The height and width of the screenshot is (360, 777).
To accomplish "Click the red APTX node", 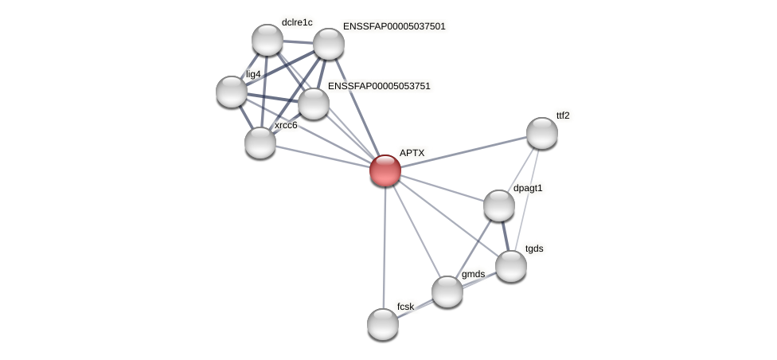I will click(385, 170).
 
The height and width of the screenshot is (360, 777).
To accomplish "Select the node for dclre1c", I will click(267, 40).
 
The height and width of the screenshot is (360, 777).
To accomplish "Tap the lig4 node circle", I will click(232, 92).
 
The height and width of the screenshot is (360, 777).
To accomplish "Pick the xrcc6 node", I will click(260, 143).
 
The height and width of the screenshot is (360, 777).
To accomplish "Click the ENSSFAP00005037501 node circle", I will click(328, 44).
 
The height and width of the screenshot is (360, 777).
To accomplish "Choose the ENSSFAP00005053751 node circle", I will click(314, 104).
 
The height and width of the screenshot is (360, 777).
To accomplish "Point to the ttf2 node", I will click(541, 133).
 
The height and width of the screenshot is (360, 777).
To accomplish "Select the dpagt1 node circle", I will click(499, 205).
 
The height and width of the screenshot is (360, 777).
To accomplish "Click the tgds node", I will click(511, 266).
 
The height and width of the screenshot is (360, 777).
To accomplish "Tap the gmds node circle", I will click(447, 292).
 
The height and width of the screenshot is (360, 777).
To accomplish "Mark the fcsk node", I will click(383, 324).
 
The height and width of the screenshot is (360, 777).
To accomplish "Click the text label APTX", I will click(412, 153).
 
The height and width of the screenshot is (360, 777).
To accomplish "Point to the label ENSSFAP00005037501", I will click(394, 26).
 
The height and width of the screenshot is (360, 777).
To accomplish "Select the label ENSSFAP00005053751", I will click(379, 86).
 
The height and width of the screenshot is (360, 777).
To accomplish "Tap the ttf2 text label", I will click(563, 115).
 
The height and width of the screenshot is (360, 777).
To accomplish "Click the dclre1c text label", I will click(297, 22).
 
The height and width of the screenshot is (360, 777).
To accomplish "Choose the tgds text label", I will click(534, 248).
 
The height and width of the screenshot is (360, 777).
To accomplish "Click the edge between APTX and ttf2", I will click(463, 151).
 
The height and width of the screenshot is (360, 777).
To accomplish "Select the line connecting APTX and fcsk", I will click(384, 247).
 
